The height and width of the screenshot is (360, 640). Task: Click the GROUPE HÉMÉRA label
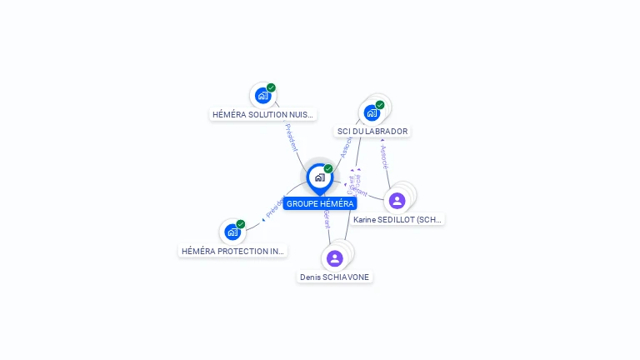[320, 203]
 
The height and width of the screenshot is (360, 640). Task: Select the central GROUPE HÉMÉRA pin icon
[319, 177]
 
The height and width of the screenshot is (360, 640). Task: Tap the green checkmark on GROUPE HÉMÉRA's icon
[328, 169]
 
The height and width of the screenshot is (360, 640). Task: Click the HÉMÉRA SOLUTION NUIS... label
[262, 114]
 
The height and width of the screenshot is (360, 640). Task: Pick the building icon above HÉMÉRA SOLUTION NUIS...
[262, 96]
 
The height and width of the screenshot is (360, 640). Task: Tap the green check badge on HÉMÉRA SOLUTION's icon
[271, 87]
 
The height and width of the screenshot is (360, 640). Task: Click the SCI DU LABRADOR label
[372, 131]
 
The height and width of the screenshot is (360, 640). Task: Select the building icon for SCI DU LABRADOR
[371, 112]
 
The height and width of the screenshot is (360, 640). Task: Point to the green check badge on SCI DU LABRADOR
[380, 105]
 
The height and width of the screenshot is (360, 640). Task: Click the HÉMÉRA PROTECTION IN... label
[232, 251]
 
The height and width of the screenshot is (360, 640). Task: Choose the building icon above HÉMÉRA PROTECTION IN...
[232, 232]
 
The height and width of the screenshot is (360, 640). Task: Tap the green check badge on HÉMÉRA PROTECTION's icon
[241, 223]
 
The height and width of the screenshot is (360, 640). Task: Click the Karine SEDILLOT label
[397, 219]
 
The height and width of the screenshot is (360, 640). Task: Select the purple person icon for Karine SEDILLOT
[397, 200]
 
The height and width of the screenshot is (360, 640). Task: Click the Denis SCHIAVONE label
[335, 277]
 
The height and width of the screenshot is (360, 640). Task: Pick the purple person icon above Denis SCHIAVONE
[334, 258]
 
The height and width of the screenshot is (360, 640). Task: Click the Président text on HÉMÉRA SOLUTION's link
[292, 137]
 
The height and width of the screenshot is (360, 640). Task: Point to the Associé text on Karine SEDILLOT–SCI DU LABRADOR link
[383, 157]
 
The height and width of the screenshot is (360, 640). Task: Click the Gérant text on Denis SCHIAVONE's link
[327, 220]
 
